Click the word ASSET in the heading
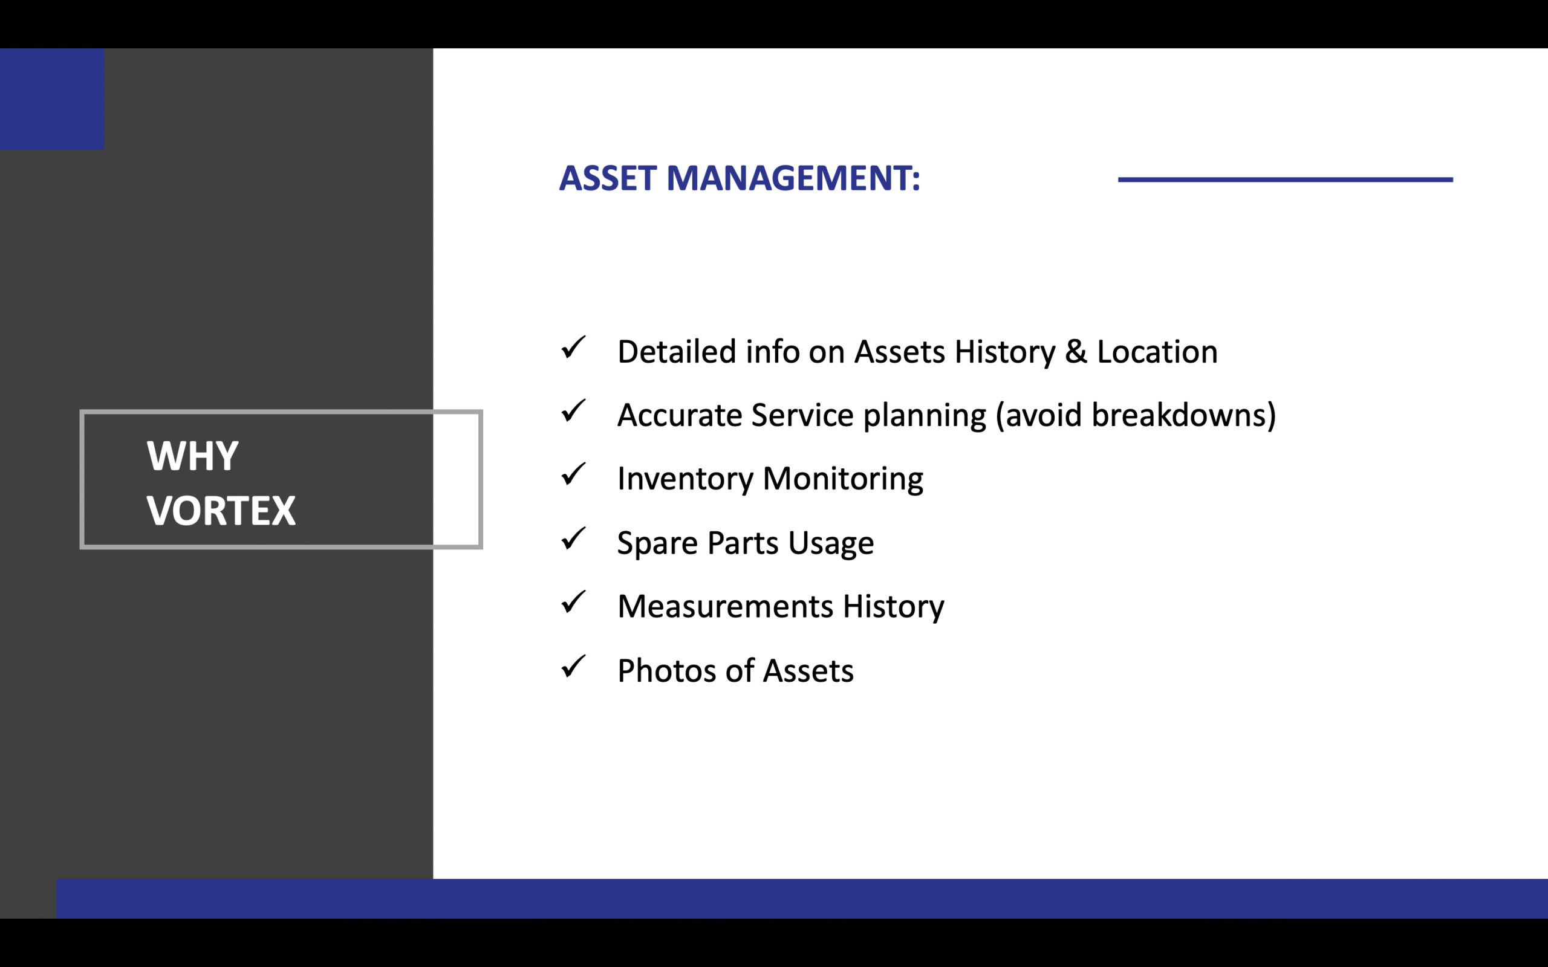coord(608,178)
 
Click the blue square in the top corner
coord(52,99)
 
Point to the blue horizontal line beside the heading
coord(1285,179)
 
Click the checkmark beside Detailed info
coord(573,348)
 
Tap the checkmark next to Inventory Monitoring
coord(573,474)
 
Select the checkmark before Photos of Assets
coord(573,666)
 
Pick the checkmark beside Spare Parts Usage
coord(573,538)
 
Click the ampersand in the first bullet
coord(1076,352)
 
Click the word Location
coord(1157,352)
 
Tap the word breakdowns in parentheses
coord(1179,415)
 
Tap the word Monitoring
coord(843,480)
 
